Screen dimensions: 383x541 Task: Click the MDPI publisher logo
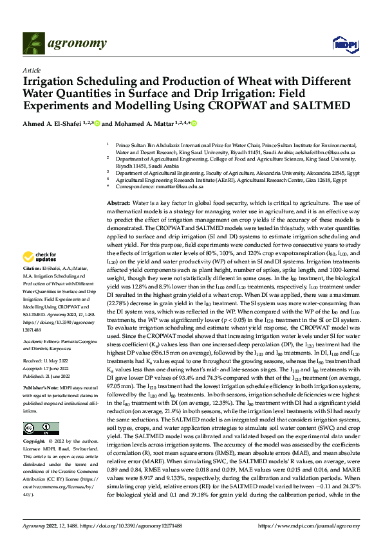click(x=341, y=43)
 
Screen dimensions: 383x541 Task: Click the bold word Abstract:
click(x=120, y=202)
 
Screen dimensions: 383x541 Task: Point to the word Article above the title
click(x=32, y=70)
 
